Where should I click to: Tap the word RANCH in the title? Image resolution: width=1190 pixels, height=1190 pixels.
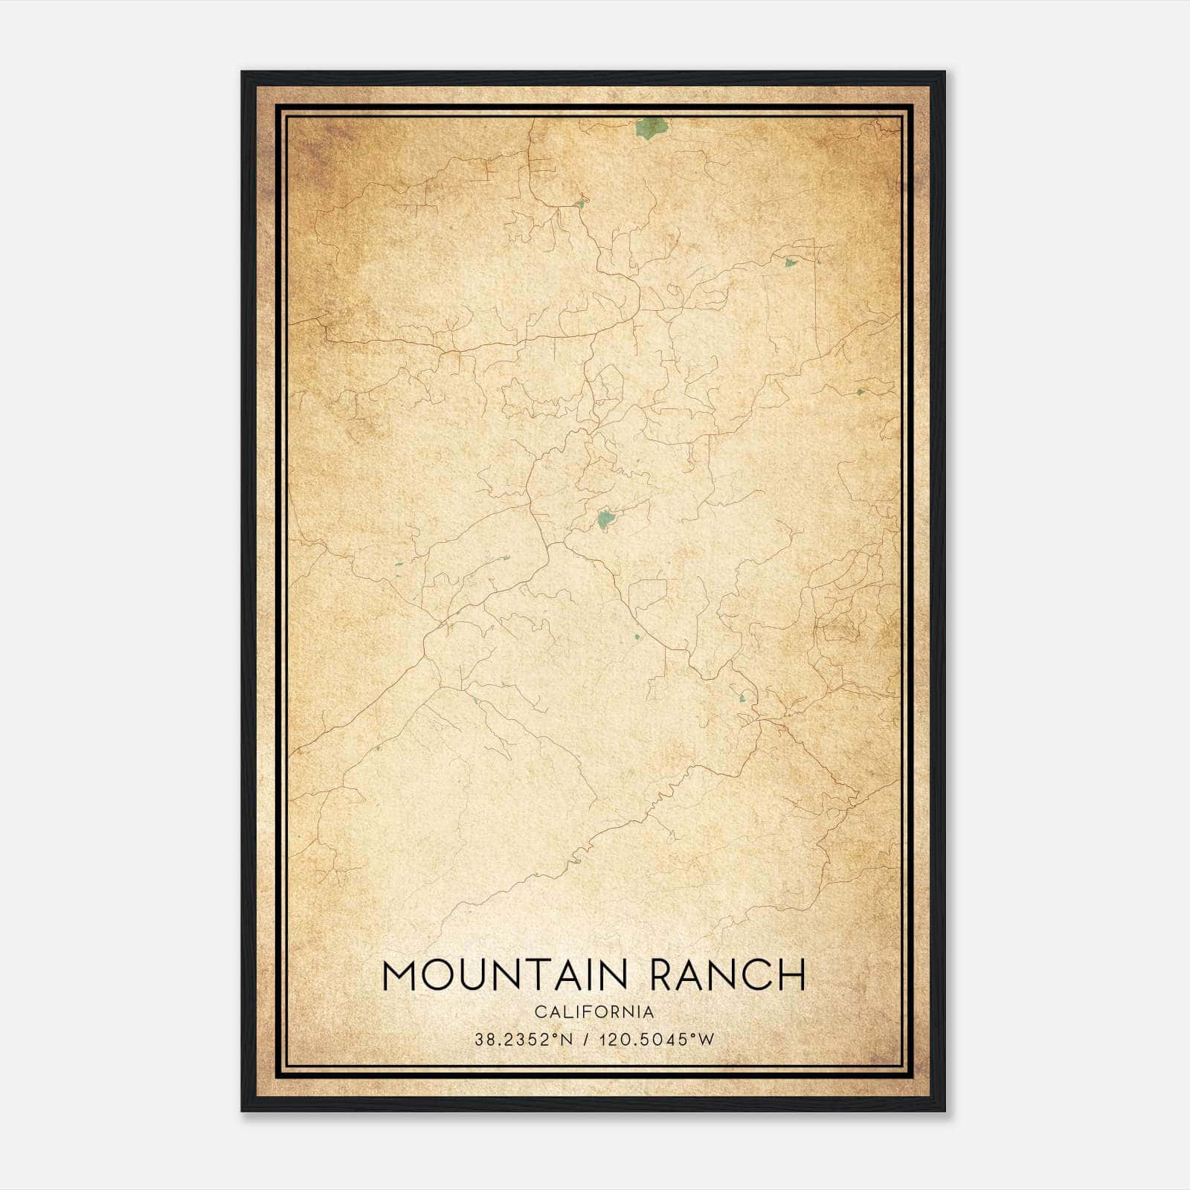727,976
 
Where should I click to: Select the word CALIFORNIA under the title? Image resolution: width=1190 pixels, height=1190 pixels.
594,1012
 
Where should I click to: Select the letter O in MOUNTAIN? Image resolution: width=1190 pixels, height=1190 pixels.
440,976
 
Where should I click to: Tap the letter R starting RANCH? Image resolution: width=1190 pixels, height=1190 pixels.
662,976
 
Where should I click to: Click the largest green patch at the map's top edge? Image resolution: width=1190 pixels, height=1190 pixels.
650,128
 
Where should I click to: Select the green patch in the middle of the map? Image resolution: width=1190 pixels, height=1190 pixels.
605,519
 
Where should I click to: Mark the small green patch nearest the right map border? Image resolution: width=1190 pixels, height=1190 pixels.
861,391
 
